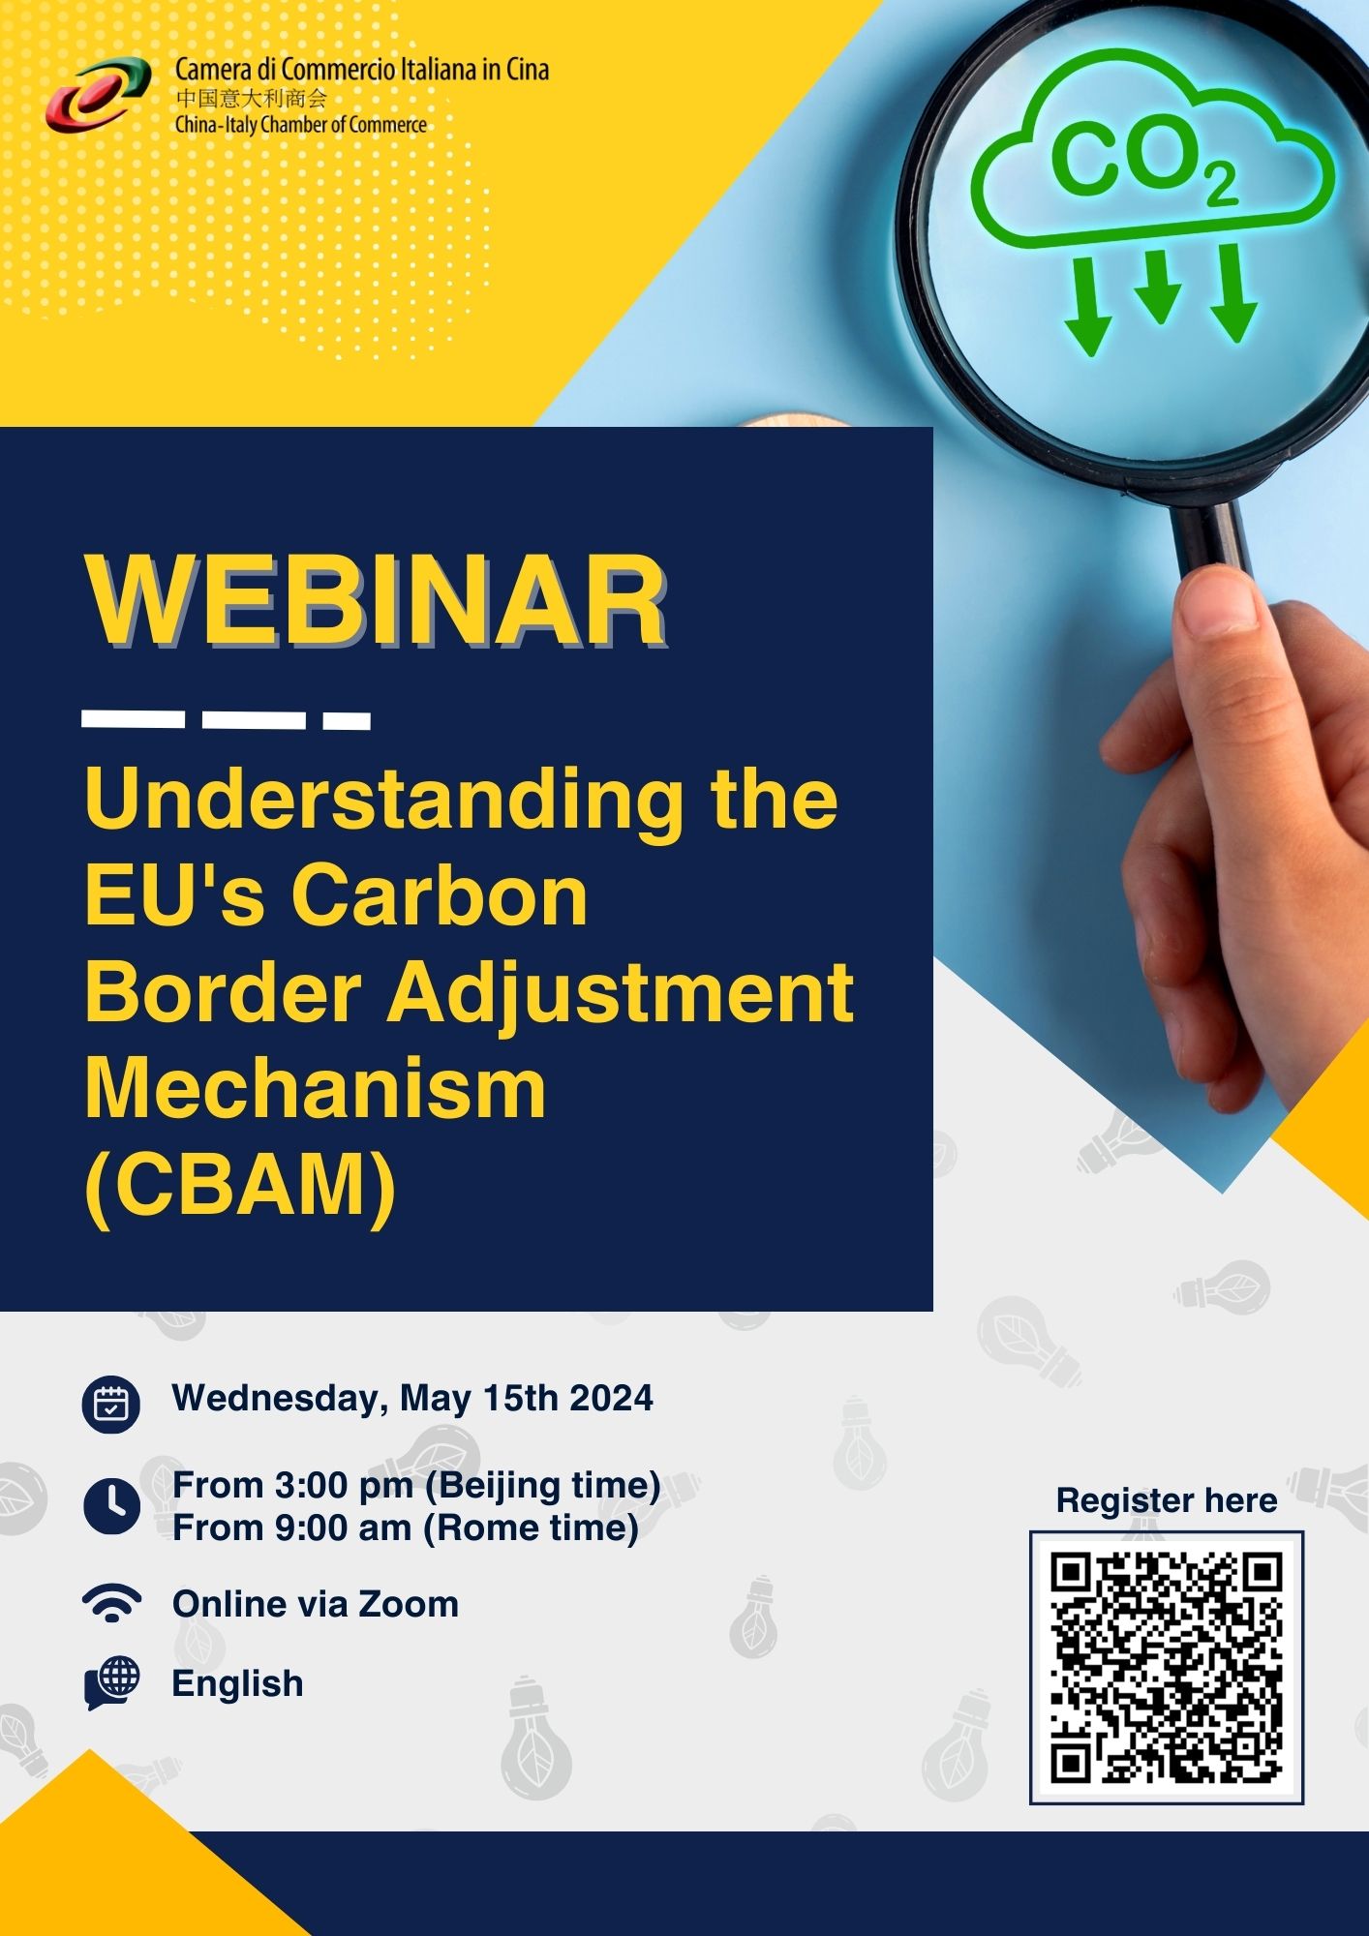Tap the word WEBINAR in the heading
[377, 601]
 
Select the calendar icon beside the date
[111, 1404]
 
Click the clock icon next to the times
[111, 1506]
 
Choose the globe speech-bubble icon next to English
[112, 1683]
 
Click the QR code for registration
[1167, 1667]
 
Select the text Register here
[1167, 1500]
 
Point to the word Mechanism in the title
[316, 1088]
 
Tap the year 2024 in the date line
[612, 1399]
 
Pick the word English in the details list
[237, 1684]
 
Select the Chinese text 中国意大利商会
[252, 98]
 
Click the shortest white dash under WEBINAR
[347, 721]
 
